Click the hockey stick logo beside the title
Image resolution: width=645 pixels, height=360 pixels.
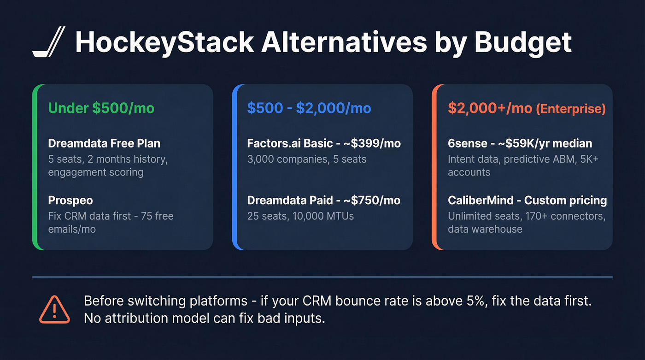[49, 42]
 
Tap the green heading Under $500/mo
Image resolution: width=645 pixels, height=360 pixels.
[101, 108]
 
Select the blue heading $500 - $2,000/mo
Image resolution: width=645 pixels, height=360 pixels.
[309, 108]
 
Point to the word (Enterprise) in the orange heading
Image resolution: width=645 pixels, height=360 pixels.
[570, 109]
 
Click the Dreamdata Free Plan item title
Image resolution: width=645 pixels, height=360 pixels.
[104, 143]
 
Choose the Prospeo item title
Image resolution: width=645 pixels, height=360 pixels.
[70, 201]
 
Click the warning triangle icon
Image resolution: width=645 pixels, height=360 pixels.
[54, 310]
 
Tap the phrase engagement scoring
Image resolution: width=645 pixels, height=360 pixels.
[96, 172]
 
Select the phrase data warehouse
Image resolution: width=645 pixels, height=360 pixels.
[485, 229]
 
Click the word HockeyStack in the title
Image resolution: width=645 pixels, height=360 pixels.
[164, 42]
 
